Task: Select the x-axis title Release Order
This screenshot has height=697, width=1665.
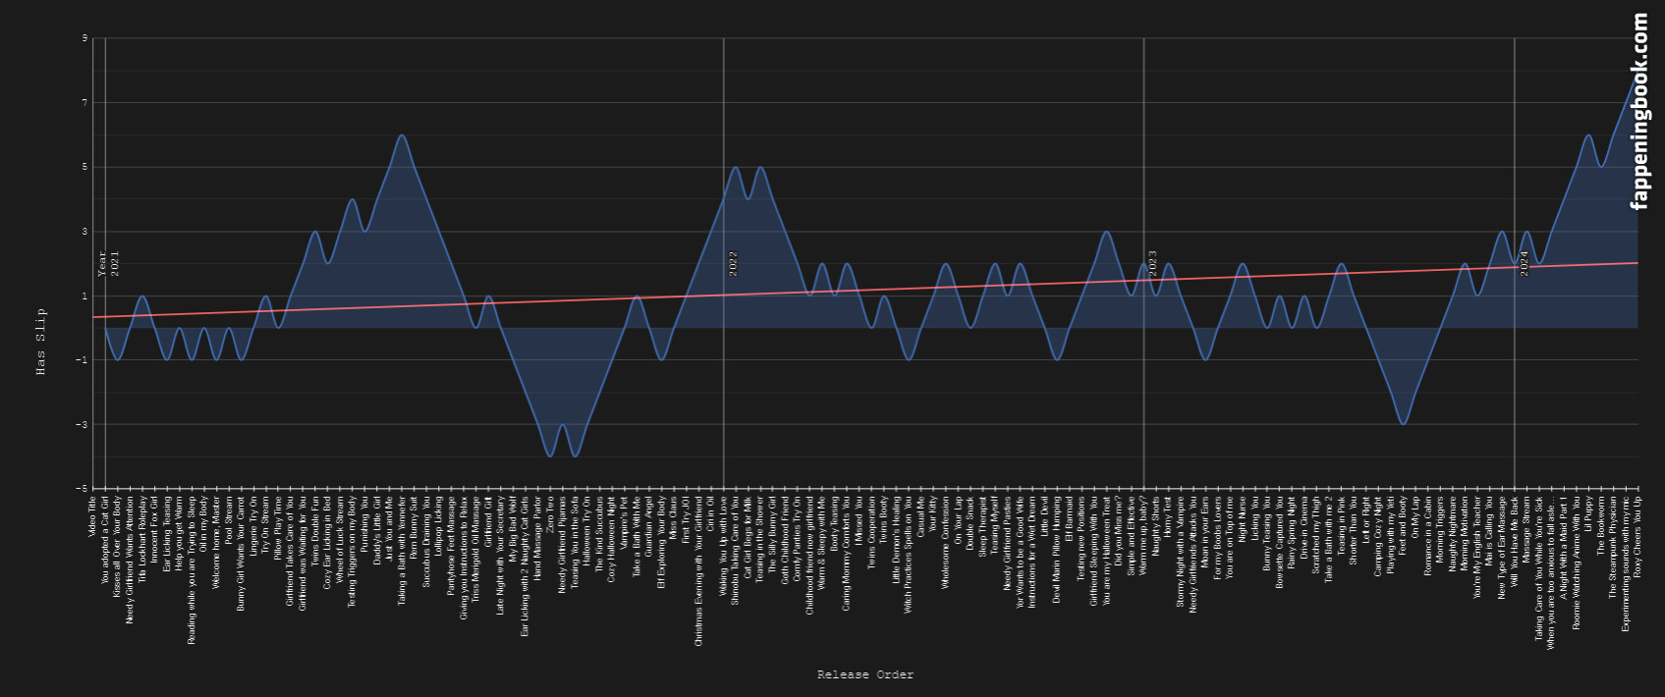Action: [x=865, y=674]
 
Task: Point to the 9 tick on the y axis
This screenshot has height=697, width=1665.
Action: [x=84, y=38]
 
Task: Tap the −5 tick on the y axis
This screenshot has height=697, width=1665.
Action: [x=83, y=489]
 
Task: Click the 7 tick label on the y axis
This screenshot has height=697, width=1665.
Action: [x=84, y=103]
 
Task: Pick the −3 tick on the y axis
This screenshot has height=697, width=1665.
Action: [x=83, y=425]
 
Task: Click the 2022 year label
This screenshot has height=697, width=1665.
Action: [x=733, y=263]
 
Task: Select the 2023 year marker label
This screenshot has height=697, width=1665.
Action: [x=1153, y=263]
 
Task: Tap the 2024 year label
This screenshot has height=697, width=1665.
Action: [x=1525, y=263]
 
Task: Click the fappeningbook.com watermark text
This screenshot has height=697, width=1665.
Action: [x=1639, y=111]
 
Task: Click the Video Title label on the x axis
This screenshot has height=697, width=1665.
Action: [x=92, y=515]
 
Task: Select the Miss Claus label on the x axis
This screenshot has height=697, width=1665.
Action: [x=674, y=516]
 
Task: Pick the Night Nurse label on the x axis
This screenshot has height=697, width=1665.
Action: [x=1243, y=518]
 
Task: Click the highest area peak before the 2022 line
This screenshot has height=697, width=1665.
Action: [x=401, y=135]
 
